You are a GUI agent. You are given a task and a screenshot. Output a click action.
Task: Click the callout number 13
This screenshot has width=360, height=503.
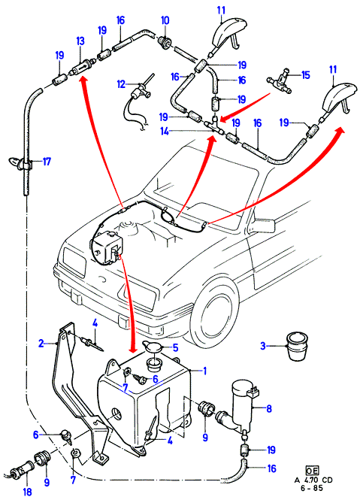coord(80,41)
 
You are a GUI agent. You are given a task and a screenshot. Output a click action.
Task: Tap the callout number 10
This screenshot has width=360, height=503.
coord(165,21)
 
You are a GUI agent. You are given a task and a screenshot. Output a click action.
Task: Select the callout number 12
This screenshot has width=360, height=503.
coord(121,84)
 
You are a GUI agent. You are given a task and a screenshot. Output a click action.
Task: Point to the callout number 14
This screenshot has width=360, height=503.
coord(165,132)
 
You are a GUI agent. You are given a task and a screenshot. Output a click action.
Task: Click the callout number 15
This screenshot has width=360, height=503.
coord(306,75)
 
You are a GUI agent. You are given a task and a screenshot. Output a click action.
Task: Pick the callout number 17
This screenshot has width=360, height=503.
coord(47,162)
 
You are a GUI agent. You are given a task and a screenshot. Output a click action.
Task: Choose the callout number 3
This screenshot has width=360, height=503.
coord(263,346)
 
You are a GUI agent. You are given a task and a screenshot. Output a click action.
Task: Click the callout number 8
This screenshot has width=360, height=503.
coord(269,408)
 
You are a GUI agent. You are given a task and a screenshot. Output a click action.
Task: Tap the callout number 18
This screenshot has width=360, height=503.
coord(27,491)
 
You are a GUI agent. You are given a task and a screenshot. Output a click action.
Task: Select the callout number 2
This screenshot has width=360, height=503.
coord(41,344)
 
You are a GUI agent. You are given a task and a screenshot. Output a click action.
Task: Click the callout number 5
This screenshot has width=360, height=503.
coord(175,347)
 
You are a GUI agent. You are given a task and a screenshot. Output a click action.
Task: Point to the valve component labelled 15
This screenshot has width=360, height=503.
coord(280,81)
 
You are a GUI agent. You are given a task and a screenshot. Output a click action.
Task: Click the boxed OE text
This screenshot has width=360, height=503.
coord(312,470)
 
